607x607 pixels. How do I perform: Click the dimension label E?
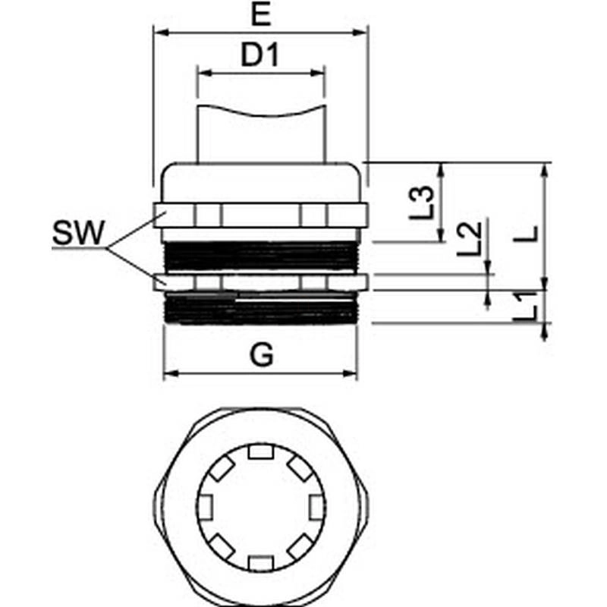tap(261, 16)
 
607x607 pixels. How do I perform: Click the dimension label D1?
tap(261, 56)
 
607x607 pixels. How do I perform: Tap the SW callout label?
tap(77, 234)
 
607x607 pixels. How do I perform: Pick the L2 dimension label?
tap(470, 239)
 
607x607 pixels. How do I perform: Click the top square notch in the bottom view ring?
tap(260, 453)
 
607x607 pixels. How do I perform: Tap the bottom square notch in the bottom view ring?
tap(260, 562)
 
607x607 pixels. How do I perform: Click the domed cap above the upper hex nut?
tap(260, 181)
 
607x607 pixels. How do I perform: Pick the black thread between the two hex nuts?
tap(260, 256)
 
